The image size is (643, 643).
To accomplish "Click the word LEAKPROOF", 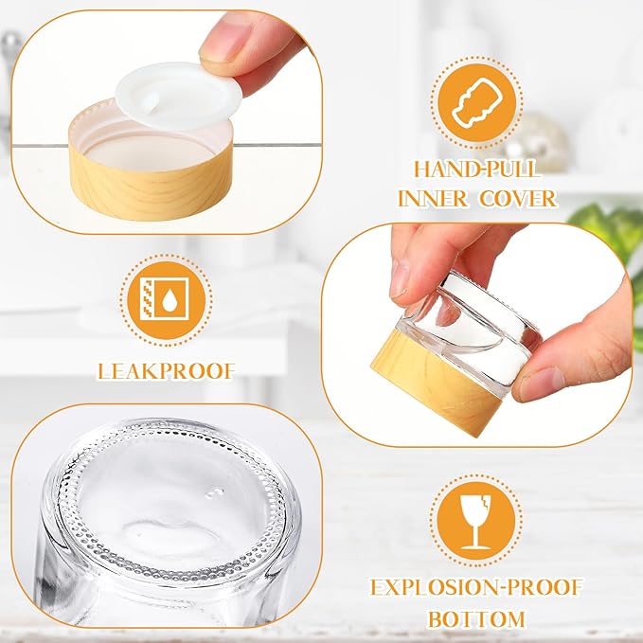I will [166, 369].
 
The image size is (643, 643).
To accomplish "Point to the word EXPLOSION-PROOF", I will [475, 587].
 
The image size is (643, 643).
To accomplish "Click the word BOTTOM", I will [475, 619].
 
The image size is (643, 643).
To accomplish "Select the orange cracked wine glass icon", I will [475, 519].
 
